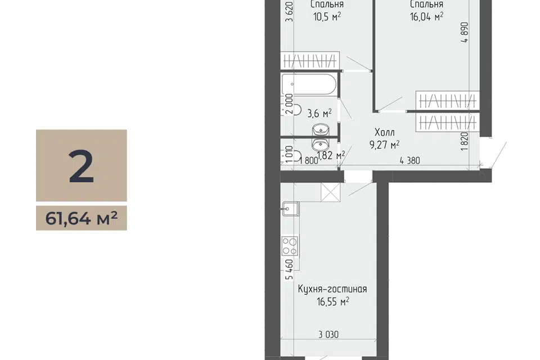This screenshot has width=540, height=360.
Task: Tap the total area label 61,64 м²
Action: click(81, 218)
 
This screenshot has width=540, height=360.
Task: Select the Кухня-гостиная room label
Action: click(332, 289)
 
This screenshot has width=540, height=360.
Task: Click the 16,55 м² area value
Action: click(332, 301)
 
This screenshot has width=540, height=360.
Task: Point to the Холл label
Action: click(385, 132)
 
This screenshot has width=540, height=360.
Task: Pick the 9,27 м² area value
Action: click(384, 145)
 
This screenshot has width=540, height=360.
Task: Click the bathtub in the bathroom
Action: click(309, 84)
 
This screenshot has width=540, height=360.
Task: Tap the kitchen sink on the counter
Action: click(290, 209)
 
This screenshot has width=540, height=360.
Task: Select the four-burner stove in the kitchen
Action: click(290, 246)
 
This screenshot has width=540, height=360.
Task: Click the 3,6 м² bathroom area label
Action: click(319, 113)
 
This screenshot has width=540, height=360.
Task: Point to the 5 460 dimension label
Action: click(290, 269)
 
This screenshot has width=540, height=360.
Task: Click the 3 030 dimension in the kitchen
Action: click(328, 335)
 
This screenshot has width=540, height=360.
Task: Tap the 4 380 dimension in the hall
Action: click(410, 160)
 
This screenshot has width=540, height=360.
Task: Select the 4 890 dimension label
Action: click(465, 33)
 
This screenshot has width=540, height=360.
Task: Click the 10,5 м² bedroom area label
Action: click(327, 16)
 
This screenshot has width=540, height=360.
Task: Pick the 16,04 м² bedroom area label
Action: click(426, 16)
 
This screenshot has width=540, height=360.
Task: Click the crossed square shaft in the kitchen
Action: click(330, 192)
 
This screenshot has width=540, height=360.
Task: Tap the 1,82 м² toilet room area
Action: click(331, 155)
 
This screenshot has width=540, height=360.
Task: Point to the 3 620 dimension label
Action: click(290, 12)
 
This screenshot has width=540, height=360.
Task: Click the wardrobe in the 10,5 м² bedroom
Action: click(310, 61)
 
